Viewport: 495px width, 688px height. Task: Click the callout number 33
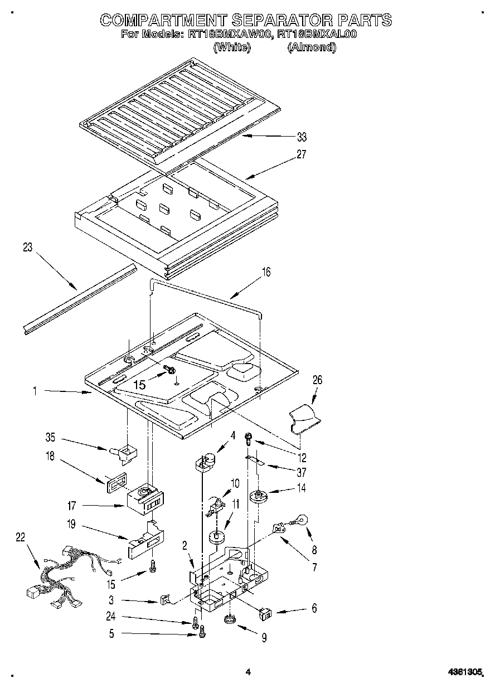[x=302, y=137]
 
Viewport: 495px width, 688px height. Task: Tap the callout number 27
[x=301, y=154]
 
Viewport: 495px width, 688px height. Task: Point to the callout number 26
[x=317, y=380]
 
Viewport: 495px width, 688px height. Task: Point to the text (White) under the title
[x=231, y=47]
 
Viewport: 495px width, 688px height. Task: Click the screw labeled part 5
[x=202, y=632]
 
